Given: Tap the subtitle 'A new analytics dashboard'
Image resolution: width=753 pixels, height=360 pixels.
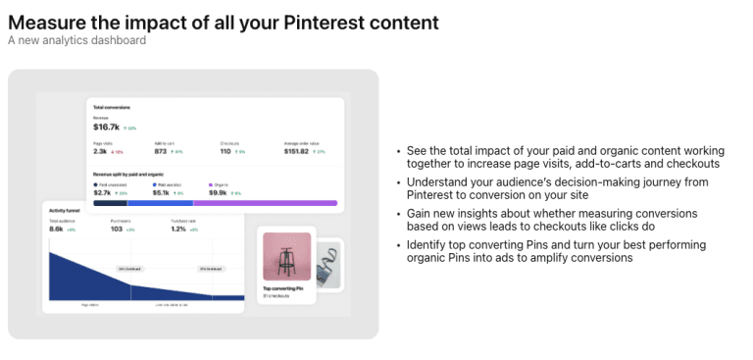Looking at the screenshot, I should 76,40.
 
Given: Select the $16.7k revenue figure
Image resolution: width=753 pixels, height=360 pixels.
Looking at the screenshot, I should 106,127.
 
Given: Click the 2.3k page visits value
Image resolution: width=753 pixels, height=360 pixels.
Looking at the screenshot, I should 100,151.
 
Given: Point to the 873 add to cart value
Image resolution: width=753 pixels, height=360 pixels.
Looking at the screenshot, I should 161,151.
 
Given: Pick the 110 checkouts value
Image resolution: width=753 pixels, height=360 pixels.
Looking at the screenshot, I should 226,151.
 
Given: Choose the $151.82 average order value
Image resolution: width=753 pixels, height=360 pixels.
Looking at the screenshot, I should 296,151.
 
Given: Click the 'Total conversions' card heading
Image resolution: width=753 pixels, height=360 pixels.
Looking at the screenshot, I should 112,106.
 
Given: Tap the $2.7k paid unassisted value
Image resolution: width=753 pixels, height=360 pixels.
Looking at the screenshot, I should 102,192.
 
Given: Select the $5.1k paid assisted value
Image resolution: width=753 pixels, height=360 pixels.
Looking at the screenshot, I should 162,192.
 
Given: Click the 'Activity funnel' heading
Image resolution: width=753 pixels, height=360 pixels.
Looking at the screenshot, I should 66,210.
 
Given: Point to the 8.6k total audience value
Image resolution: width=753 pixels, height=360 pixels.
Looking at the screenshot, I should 57,229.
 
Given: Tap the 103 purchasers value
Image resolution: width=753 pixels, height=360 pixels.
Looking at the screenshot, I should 116,229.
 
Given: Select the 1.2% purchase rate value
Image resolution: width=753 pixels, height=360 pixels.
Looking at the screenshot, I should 178,229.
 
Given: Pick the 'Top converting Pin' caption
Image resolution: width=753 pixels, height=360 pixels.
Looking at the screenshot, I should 284,288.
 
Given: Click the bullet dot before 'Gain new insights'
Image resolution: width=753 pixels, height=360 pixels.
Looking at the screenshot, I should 399,213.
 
